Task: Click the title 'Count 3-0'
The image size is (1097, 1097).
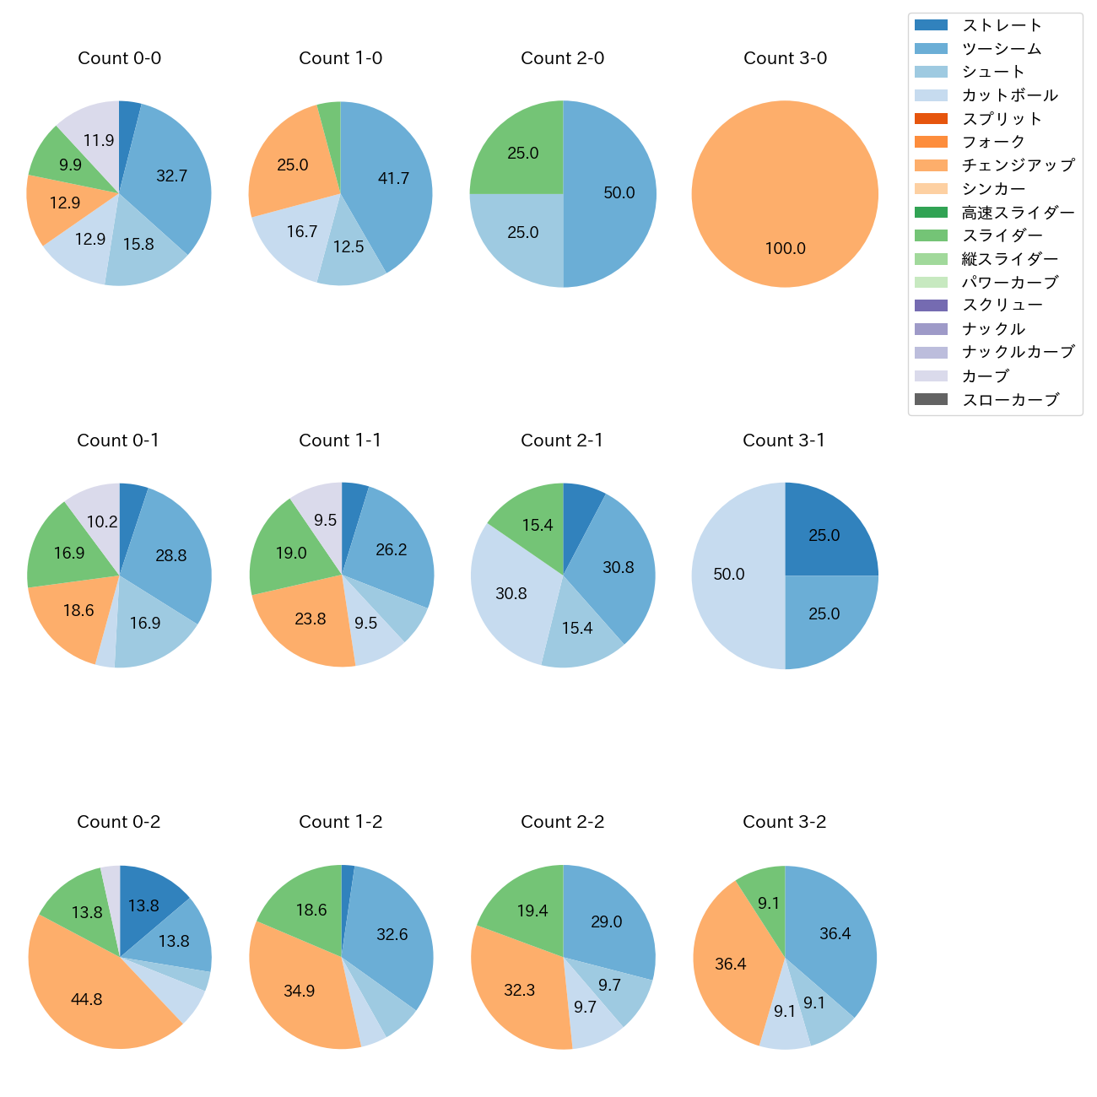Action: (785, 58)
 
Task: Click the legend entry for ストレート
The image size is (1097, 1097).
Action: (1002, 25)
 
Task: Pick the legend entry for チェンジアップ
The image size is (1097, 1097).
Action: (1018, 165)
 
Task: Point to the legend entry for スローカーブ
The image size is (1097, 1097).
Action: (1010, 400)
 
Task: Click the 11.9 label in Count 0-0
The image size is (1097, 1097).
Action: (99, 141)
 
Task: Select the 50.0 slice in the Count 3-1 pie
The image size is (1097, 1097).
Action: (730, 575)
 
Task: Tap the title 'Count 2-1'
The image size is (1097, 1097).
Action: (562, 440)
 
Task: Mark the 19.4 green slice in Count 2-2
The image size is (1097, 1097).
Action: (527, 907)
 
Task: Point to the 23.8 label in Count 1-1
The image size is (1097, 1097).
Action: (311, 619)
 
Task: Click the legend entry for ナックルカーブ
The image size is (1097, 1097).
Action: (1018, 353)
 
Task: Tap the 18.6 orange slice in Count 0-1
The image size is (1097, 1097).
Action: (76, 612)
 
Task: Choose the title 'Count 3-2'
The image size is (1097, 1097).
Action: (784, 822)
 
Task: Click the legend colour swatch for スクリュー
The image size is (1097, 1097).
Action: (931, 305)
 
